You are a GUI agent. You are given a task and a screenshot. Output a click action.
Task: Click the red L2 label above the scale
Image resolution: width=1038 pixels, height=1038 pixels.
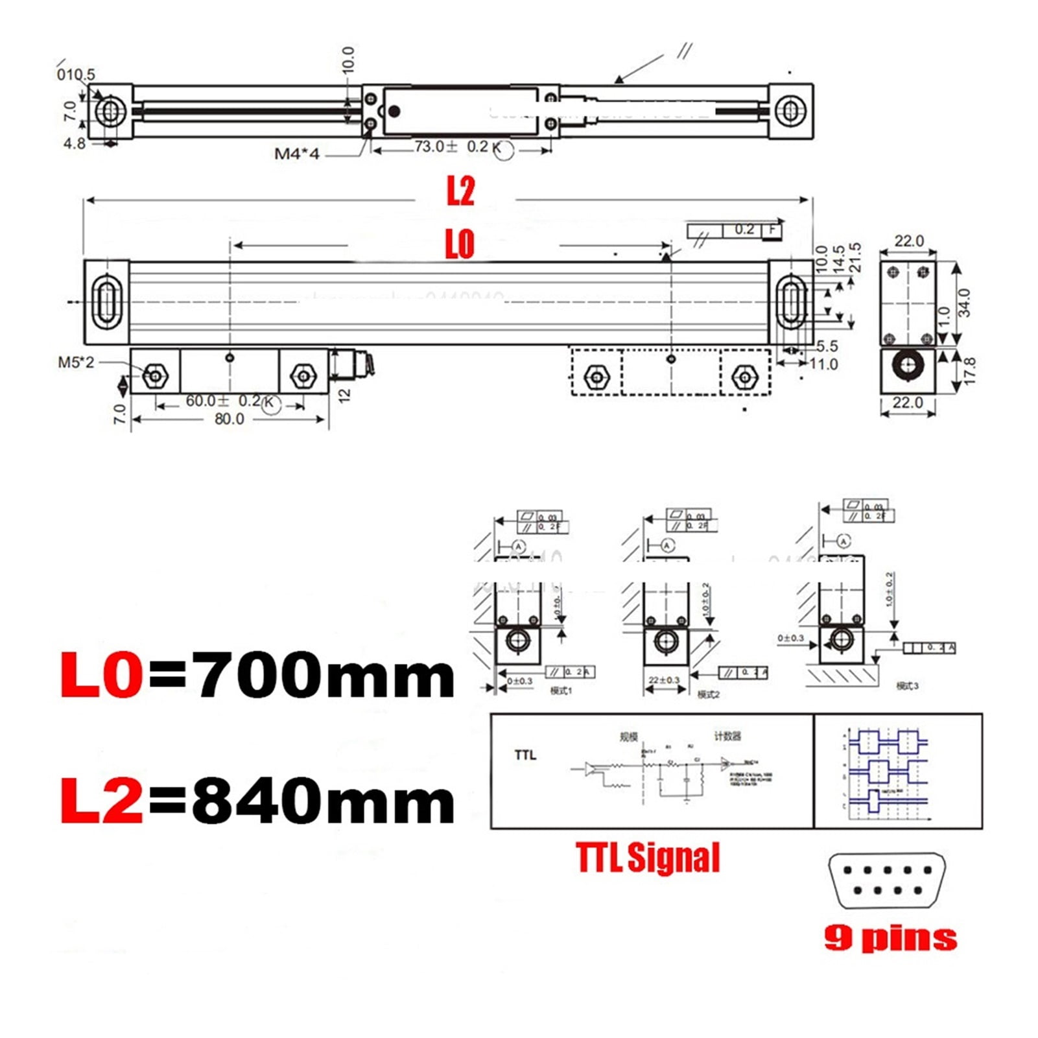pos(460,191)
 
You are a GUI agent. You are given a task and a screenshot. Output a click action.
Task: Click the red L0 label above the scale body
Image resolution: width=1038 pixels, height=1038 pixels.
pos(459,244)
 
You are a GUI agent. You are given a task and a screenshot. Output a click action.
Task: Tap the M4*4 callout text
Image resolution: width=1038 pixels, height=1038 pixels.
pos(297,154)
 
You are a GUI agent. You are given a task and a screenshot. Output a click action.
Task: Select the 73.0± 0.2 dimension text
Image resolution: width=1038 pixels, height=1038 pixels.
pos(451,147)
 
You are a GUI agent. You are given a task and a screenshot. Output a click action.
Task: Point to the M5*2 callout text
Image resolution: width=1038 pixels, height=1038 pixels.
pos(76,362)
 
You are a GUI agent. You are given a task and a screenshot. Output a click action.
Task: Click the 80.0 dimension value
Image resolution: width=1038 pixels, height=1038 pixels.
pos(229,419)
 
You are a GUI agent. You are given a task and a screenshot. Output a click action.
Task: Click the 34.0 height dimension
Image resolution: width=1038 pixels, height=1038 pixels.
pos(964,302)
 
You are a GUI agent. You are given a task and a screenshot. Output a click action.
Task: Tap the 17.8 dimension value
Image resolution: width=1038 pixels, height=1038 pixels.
pos(969,371)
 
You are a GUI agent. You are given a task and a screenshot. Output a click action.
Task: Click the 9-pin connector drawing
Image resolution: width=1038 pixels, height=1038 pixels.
pos(886,880)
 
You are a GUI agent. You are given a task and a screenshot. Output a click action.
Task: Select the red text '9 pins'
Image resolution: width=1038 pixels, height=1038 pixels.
pos(890,938)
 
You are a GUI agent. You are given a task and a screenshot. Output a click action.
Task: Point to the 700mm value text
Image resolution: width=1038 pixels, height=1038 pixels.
pos(325,676)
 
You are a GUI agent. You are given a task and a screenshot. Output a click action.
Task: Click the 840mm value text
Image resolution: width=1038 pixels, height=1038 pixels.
pos(324,801)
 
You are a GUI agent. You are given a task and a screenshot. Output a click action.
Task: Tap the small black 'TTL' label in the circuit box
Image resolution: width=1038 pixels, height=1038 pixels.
pos(525,755)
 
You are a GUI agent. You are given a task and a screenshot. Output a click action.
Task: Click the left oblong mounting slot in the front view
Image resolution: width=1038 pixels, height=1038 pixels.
pos(105,301)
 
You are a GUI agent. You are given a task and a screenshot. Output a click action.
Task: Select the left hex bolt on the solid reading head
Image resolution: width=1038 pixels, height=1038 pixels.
pos(155,375)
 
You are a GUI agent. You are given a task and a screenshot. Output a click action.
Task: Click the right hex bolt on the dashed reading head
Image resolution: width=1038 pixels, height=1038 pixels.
pos(744,377)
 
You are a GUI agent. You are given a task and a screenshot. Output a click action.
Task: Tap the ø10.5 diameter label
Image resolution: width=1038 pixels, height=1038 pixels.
pos(76,74)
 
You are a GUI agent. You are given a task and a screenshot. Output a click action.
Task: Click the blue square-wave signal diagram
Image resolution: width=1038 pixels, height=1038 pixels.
pos(888,770)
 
